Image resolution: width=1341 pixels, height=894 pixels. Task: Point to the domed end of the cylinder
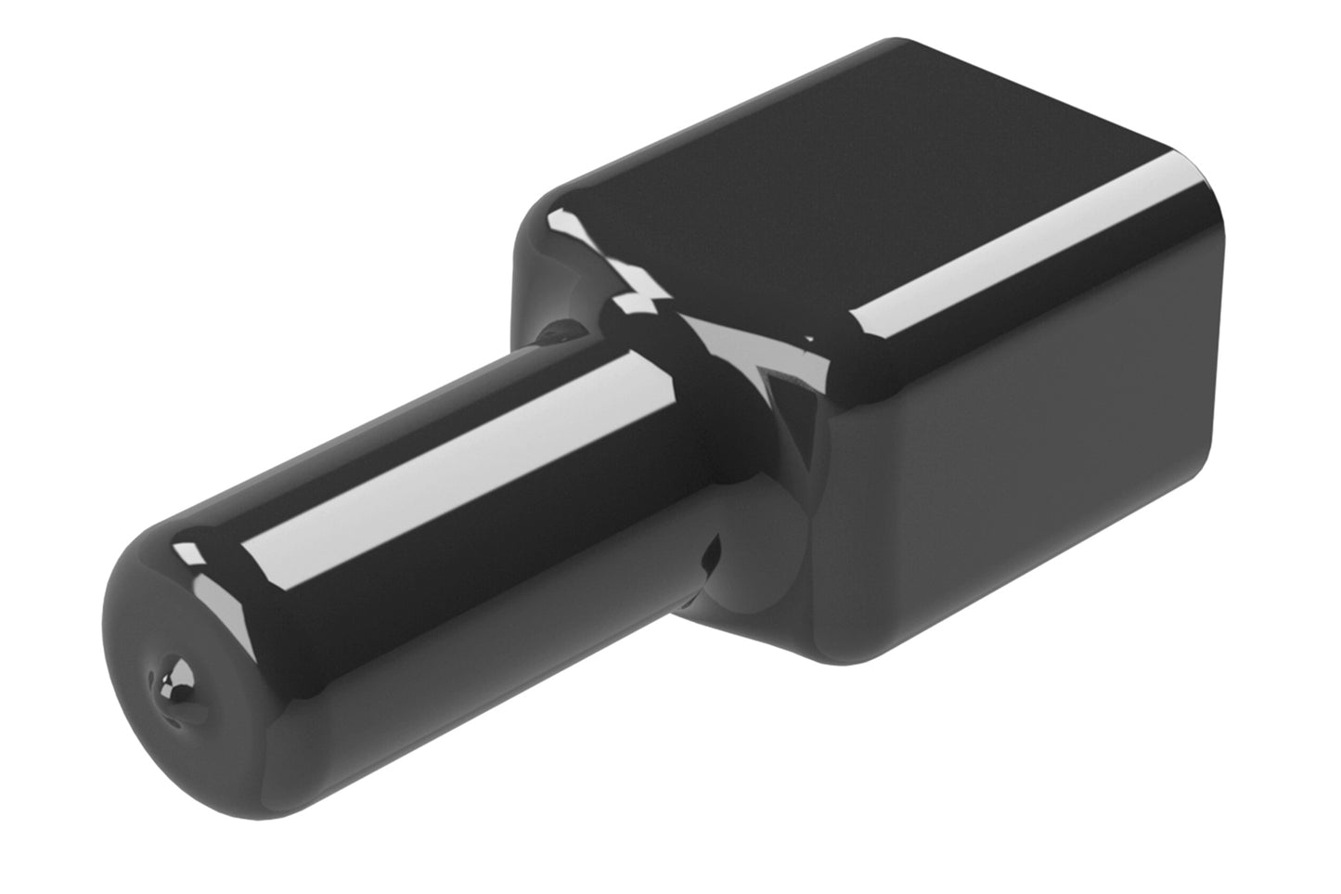click(176, 668)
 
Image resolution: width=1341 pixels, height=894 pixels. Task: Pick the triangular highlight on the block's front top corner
click(789, 367)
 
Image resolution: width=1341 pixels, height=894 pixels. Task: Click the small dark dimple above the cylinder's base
click(562, 330)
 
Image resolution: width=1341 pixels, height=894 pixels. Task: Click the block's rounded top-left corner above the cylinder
click(548, 209)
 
